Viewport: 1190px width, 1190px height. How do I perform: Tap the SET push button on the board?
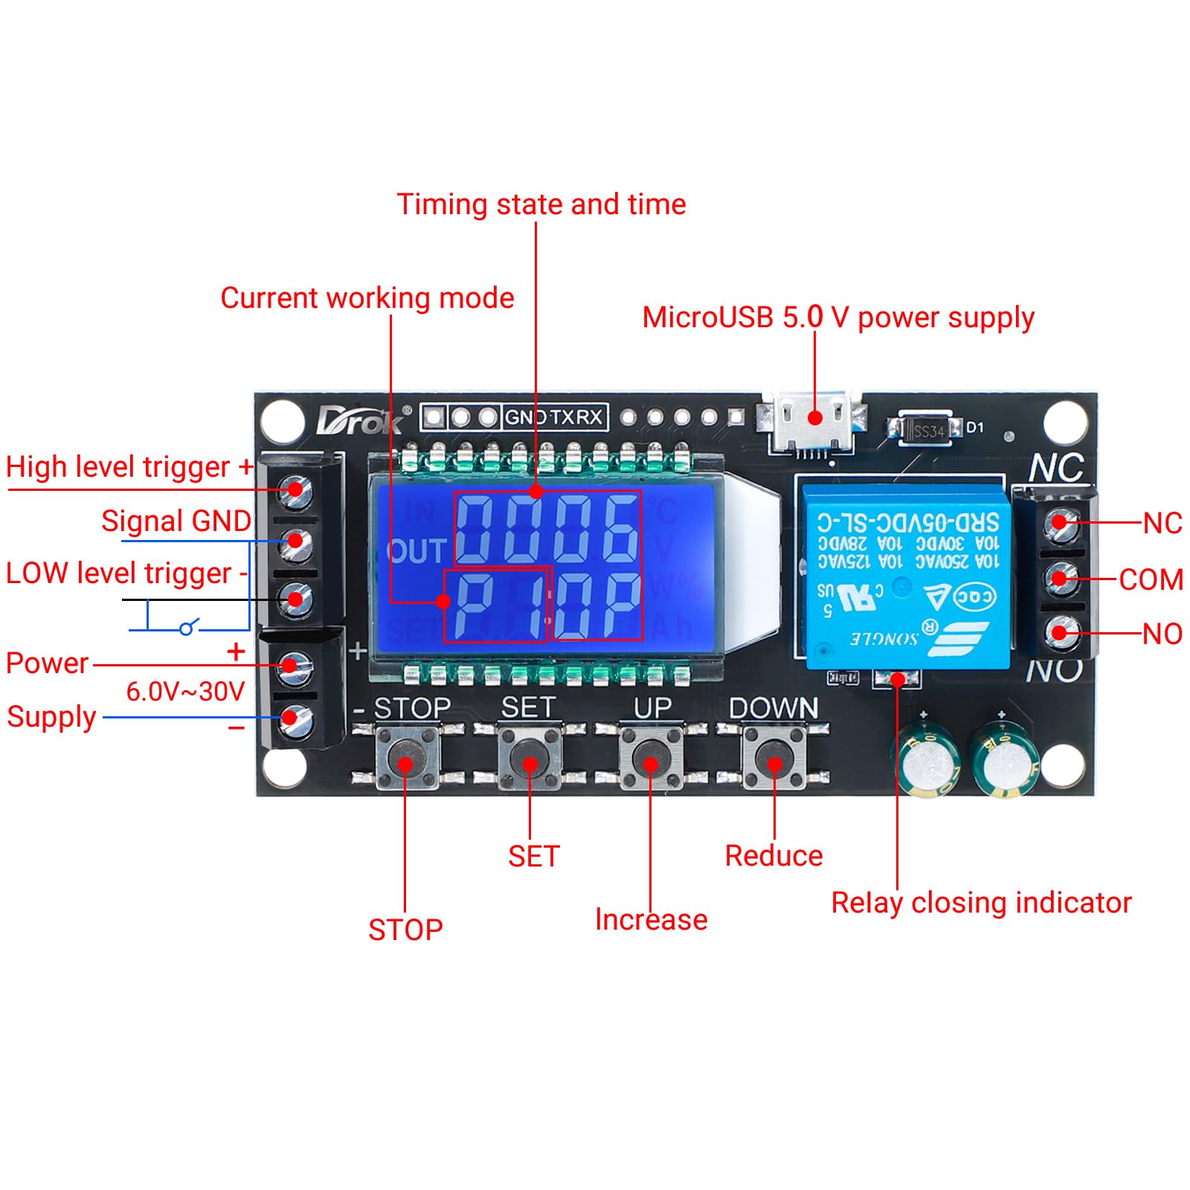(530, 760)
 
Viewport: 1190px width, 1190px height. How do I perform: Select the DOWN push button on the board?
(774, 760)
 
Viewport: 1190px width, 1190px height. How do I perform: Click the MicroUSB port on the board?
(814, 428)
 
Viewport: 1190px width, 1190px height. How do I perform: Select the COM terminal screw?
(1060, 579)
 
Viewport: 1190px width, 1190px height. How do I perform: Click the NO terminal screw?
(1060, 633)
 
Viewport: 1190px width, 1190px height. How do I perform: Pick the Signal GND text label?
(176, 521)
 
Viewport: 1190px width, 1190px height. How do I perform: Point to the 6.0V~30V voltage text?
(185, 691)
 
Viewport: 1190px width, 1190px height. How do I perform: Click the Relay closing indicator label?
(981, 902)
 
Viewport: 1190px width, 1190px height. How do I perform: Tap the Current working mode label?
(367, 297)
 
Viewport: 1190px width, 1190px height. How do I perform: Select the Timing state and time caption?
(541, 204)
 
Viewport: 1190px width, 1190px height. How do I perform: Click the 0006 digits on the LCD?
(547, 529)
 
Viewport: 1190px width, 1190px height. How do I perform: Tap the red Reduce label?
(773, 855)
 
